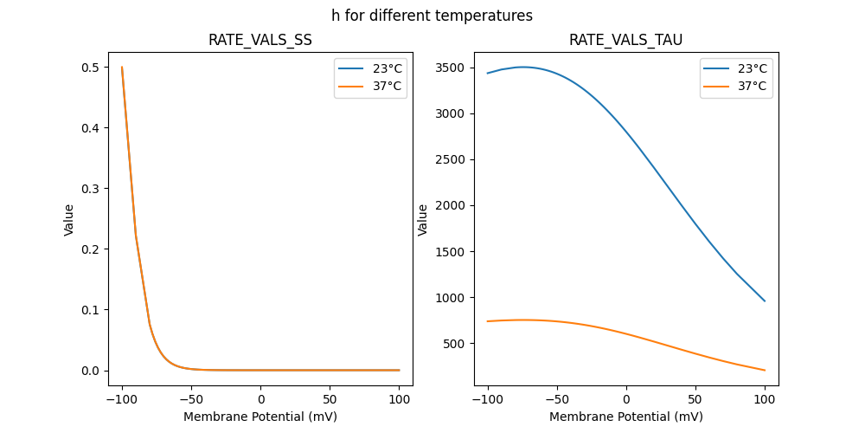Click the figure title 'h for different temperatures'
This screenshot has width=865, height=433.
[432, 16]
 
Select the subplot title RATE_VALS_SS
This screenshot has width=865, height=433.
[260, 40]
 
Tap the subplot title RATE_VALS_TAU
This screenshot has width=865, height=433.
[626, 40]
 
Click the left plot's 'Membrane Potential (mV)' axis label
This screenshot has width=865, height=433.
[260, 417]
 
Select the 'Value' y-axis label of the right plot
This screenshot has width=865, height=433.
[423, 219]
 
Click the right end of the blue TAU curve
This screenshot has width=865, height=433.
[765, 301]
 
